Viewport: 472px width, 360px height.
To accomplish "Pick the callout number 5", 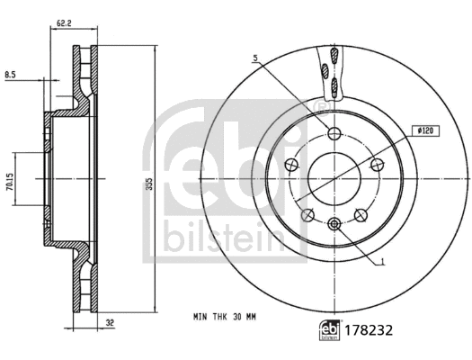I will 255,58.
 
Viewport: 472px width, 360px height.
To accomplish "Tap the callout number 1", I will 384,263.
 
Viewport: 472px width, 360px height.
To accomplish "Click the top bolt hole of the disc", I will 334,135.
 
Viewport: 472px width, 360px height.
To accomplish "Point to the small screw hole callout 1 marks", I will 334,224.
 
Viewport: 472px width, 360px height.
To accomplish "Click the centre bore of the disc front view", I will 334,175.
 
